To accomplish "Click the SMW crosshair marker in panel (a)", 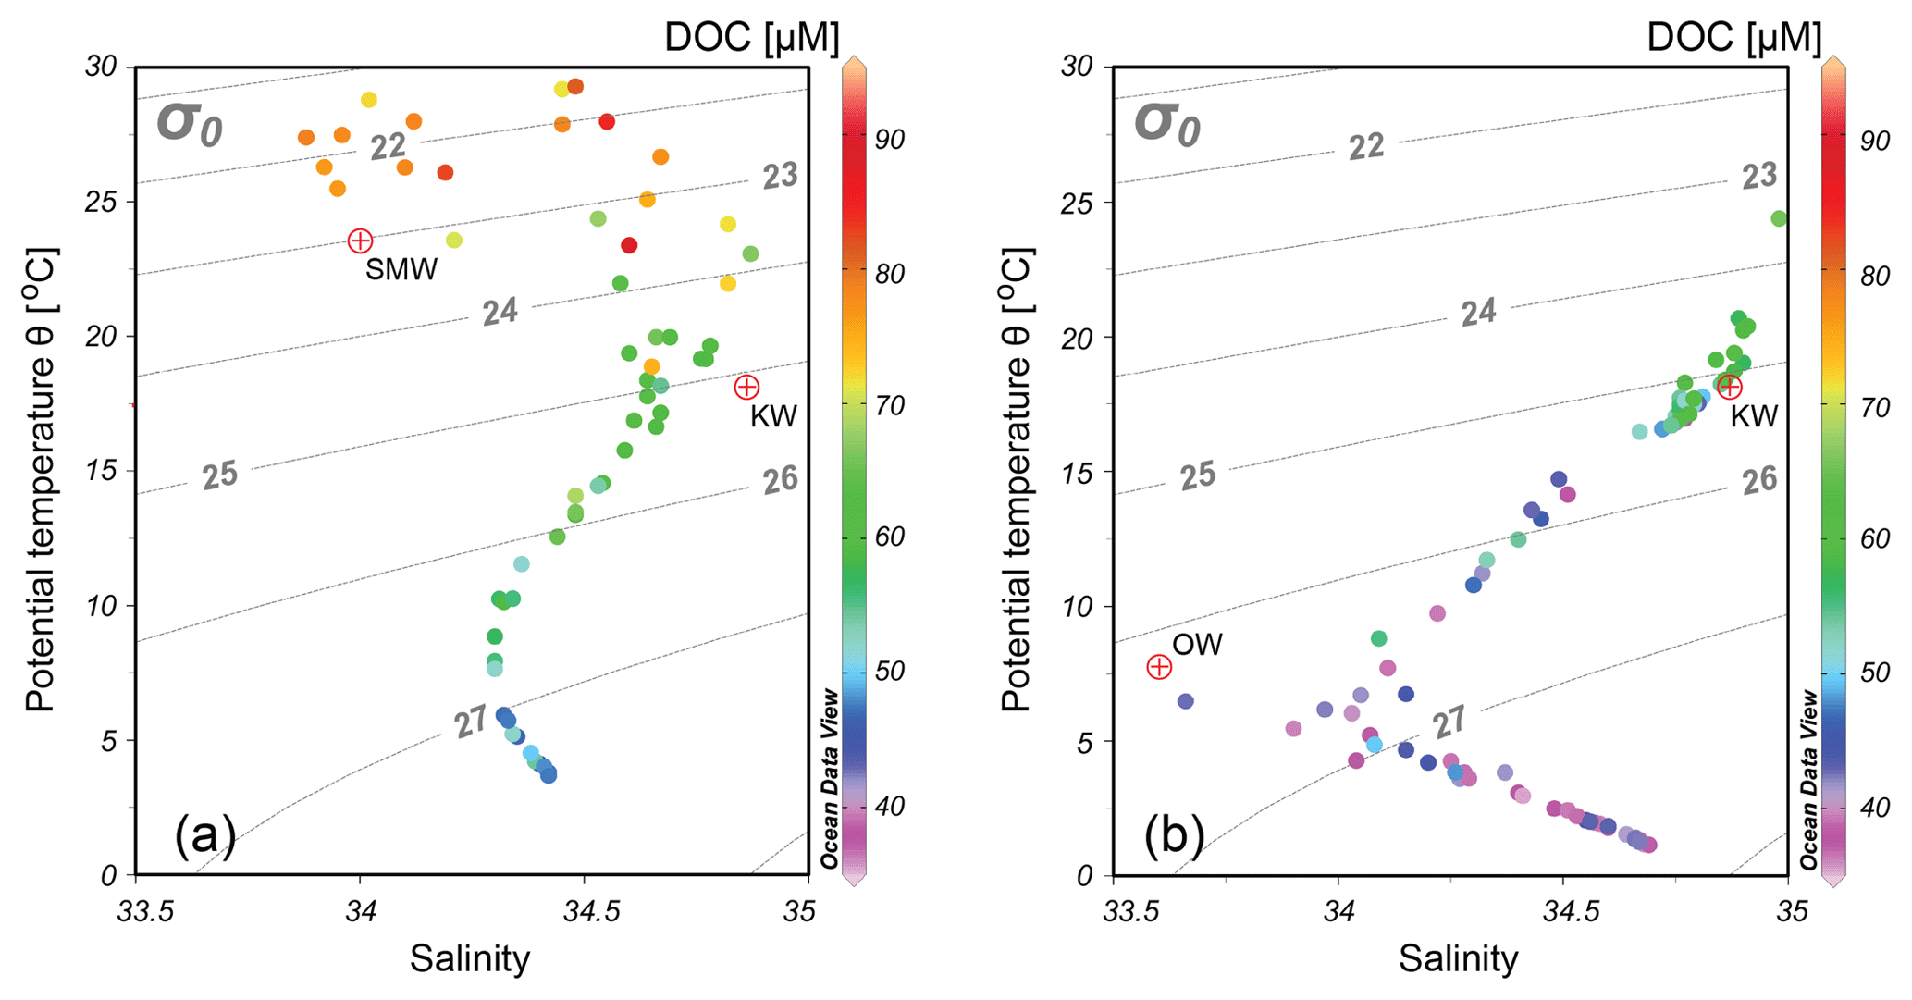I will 360,241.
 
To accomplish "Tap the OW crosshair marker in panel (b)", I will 1159,666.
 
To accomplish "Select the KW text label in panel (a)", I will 773,416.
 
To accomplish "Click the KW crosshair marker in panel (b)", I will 1729,386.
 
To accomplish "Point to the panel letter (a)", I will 205,834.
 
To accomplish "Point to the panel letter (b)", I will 1175,834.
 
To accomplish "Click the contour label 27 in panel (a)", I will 471,722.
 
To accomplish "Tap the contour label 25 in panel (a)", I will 220,475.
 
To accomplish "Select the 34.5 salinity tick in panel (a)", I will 585,911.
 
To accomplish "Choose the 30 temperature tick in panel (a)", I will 102,67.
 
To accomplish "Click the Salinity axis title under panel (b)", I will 1458,959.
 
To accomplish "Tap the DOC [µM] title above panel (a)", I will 751,38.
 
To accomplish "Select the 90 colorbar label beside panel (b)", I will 1875,141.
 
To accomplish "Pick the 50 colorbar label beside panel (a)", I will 889,672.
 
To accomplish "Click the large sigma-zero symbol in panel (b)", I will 1167,124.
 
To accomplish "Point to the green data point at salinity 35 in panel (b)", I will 1779,218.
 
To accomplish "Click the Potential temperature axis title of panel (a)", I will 43,478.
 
